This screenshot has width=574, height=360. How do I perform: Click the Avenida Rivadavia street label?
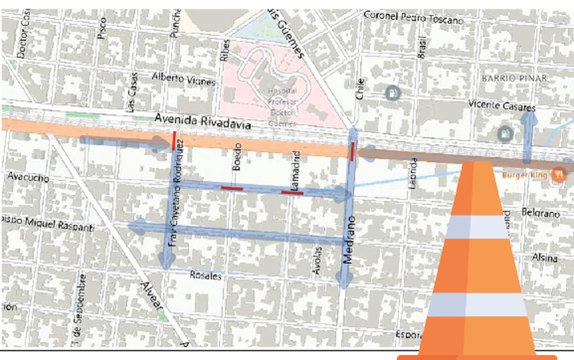point(203,121)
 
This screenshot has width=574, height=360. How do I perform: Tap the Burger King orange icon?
point(556,175)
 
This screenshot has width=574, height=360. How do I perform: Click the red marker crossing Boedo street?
point(232,188)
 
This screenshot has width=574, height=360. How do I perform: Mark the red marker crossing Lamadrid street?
point(292,192)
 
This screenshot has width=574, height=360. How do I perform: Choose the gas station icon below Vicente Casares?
point(504,133)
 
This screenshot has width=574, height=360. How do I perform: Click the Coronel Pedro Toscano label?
point(413,17)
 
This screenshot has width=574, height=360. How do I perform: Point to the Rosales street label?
point(206,276)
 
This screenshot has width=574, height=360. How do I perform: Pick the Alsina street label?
point(545,258)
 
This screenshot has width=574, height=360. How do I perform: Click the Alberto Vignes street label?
point(184,79)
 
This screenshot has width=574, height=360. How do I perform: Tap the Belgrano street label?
point(540,213)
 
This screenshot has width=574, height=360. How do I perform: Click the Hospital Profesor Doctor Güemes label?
point(282,106)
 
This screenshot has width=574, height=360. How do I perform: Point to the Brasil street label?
point(421,48)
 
